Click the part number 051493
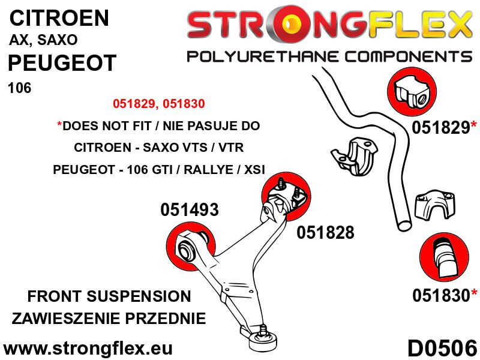pos(190,210)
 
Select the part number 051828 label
pos(325,233)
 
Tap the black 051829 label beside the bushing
pos(440,127)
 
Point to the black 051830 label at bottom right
pos(441,295)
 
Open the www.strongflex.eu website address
pos(88,349)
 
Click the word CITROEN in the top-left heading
pos(59,18)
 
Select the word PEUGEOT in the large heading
pos(62,63)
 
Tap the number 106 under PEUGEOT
pos(20,88)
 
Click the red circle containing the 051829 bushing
pos(412,92)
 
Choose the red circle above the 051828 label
pos(286,196)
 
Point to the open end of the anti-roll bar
pos(404,226)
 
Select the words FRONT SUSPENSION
pos(109,296)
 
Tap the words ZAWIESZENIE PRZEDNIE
pos(109,319)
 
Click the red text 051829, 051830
pos(158,104)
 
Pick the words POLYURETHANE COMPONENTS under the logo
pos(329,57)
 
